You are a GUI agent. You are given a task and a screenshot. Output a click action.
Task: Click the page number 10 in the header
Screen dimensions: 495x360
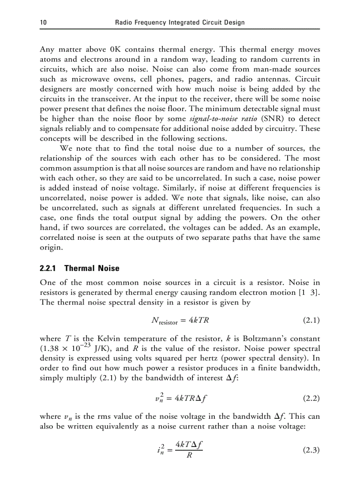tap(43, 22)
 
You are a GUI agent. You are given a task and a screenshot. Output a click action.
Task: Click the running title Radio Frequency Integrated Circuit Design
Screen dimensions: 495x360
tap(180, 22)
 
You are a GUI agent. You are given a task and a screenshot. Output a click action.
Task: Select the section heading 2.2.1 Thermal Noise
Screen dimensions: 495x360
tap(79, 268)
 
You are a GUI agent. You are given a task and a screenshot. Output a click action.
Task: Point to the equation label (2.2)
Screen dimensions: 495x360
tap(311, 399)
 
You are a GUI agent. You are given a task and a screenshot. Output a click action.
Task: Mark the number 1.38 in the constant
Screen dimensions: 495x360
tap(50, 349)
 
